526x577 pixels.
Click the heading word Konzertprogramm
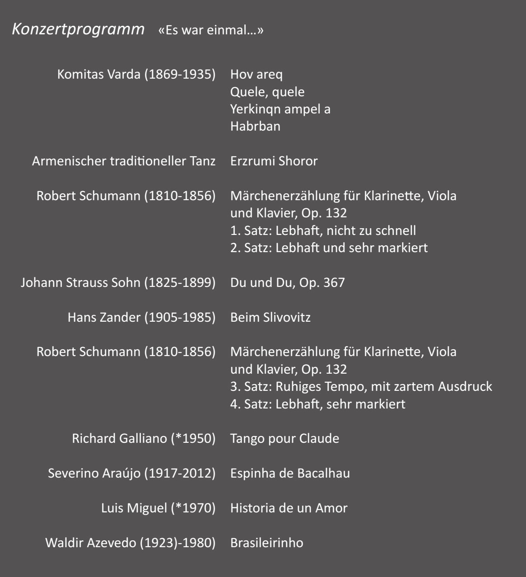pyautogui.click(x=78, y=30)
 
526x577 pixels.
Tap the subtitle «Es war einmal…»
pyautogui.click(x=211, y=31)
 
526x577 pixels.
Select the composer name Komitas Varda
pyautogui.click(x=99, y=74)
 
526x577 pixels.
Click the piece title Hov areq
pyautogui.click(x=256, y=74)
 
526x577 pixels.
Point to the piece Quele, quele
pyautogui.click(x=267, y=92)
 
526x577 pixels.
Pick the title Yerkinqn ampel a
pyautogui.click(x=280, y=109)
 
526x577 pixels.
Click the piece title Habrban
pyautogui.click(x=255, y=126)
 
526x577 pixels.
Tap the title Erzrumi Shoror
pyautogui.click(x=274, y=161)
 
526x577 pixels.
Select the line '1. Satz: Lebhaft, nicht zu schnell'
pyautogui.click(x=323, y=230)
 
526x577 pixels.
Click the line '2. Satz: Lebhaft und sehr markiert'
pyautogui.click(x=329, y=248)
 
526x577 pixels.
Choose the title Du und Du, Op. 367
pyautogui.click(x=287, y=283)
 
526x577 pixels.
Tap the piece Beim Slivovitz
pyautogui.click(x=270, y=317)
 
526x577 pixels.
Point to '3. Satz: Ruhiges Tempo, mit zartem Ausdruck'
pyautogui.click(x=361, y=387)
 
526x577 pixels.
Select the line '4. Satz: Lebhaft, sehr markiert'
pyautogui.click(x=317, y=404)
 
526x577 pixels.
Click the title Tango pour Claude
pyautogui.click(x=284, y=438)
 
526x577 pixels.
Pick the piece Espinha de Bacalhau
pyautogui.click(x=290, y=473)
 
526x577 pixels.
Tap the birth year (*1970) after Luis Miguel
pyautogui.click(x=193, y=508)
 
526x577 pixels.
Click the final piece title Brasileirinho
pyautogui.click(x=266, y=543)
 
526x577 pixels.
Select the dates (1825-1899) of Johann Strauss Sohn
pyautogui.click(x=180, y=283)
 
